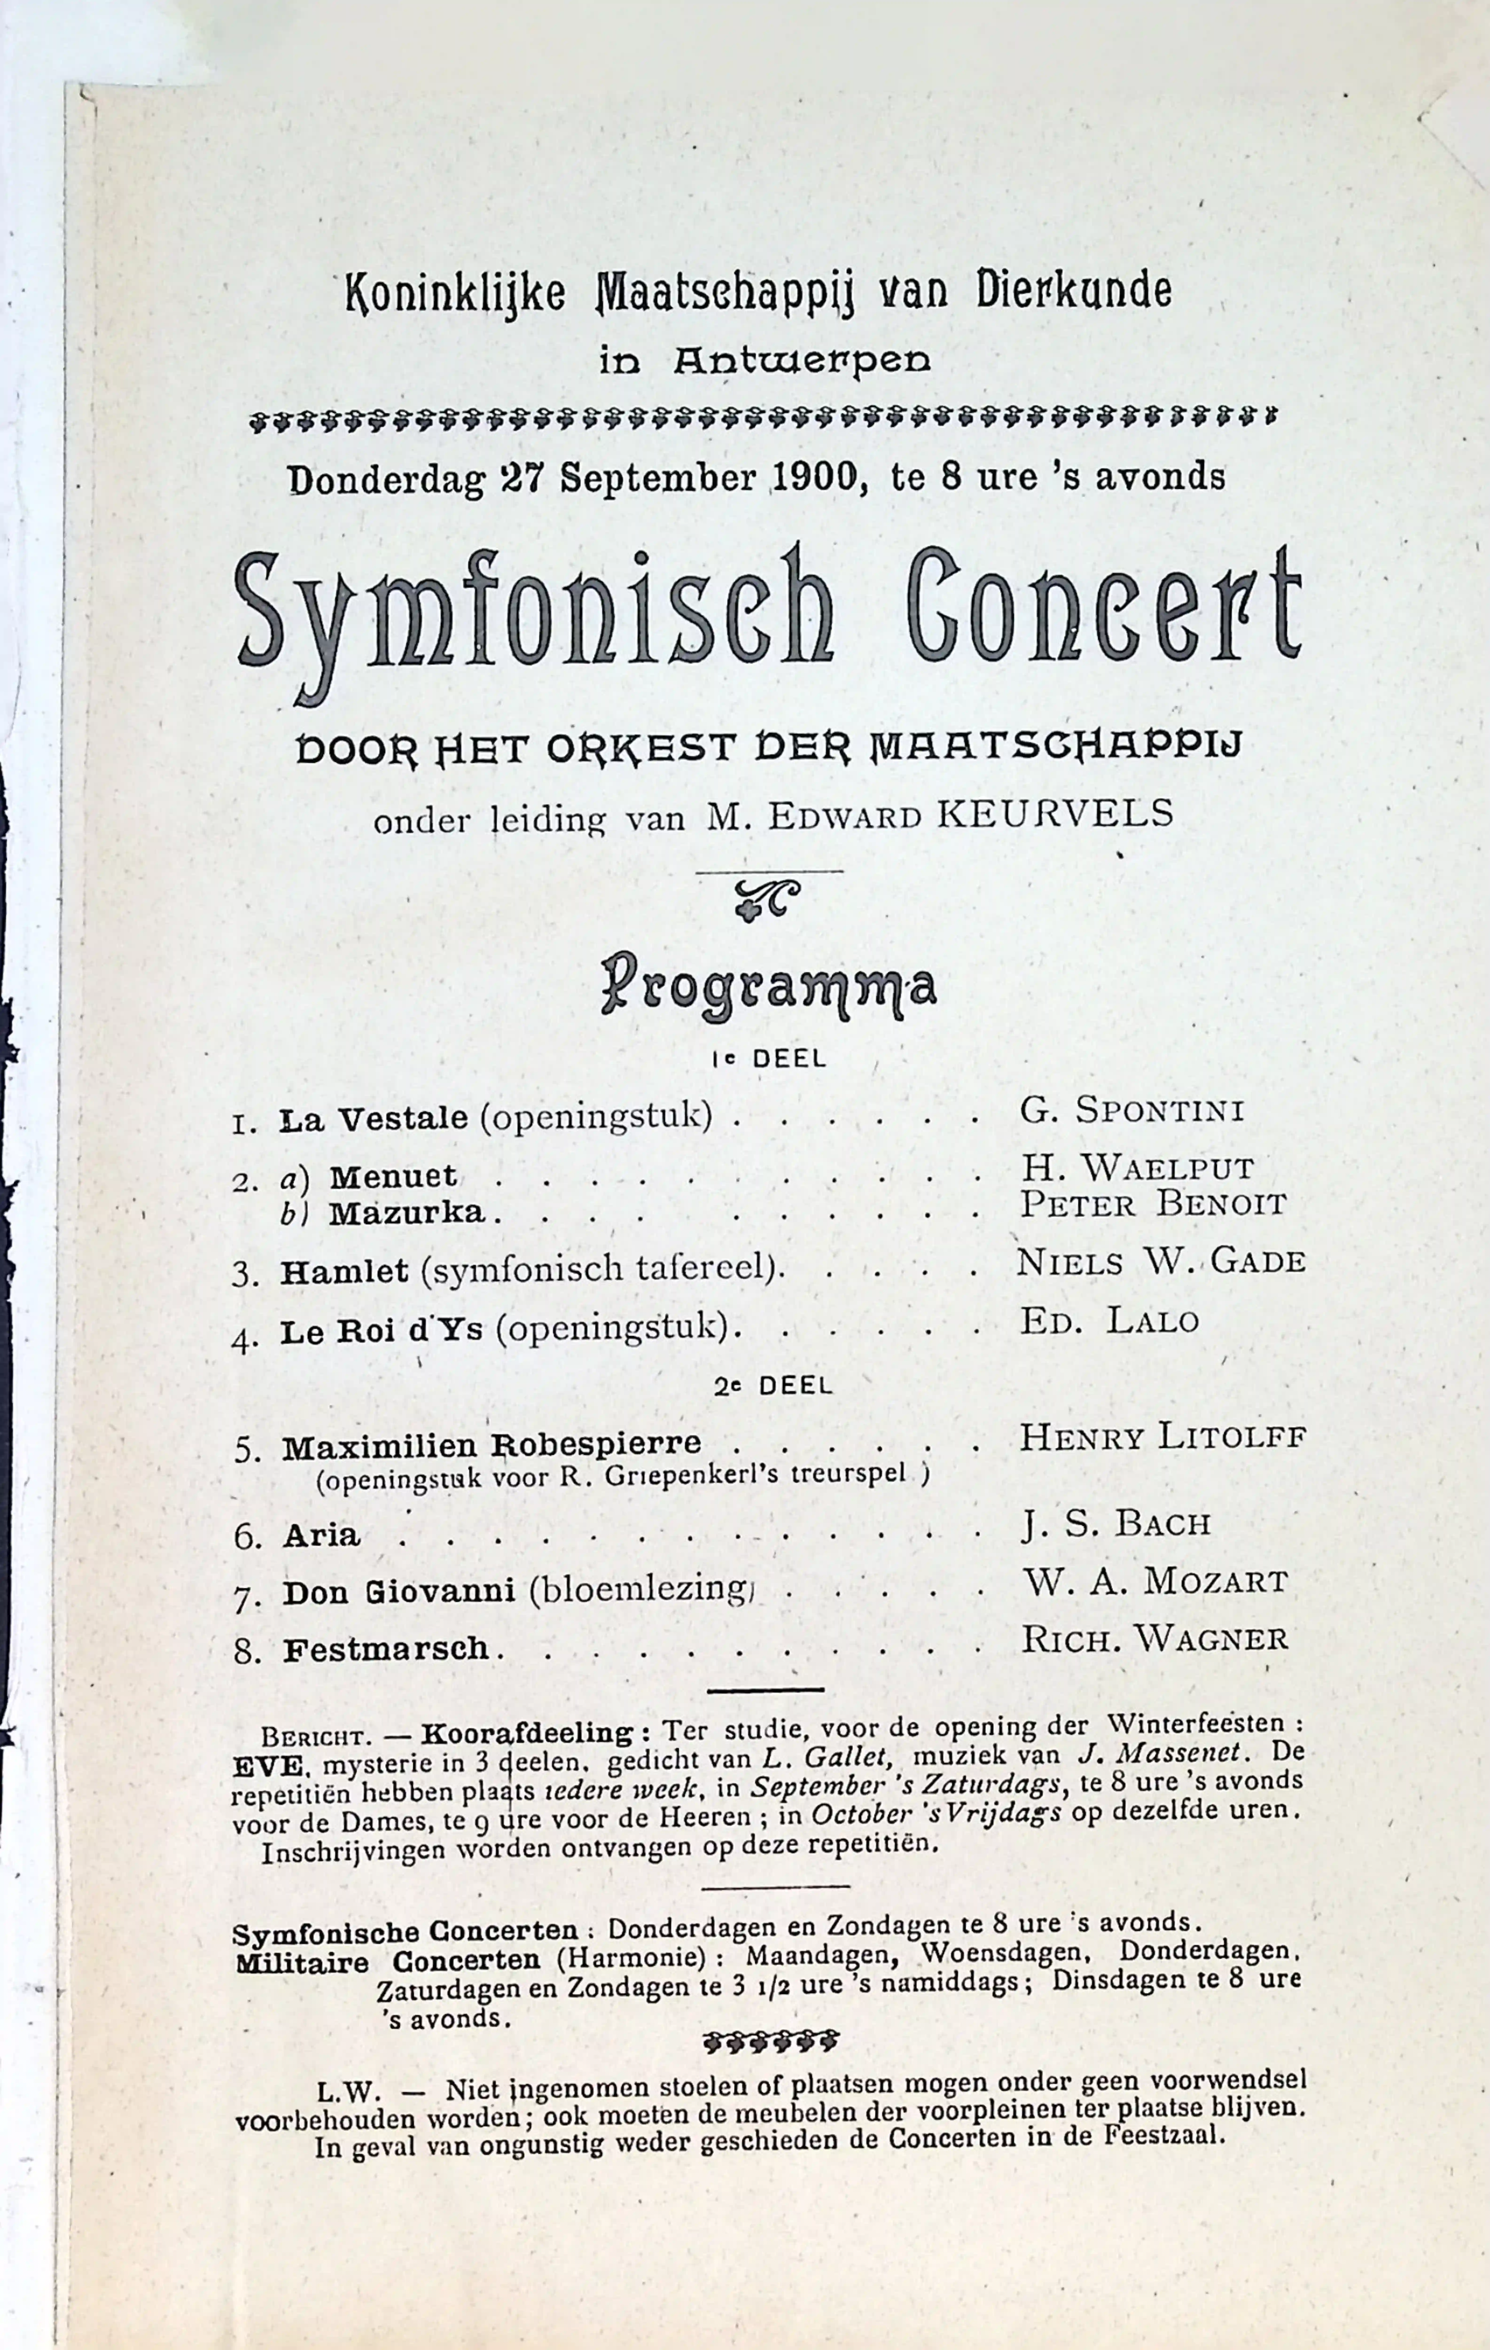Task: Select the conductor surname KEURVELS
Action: [1054, 813]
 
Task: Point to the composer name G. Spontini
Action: [1132, 1110]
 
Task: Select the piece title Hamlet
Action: [343, 1272]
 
